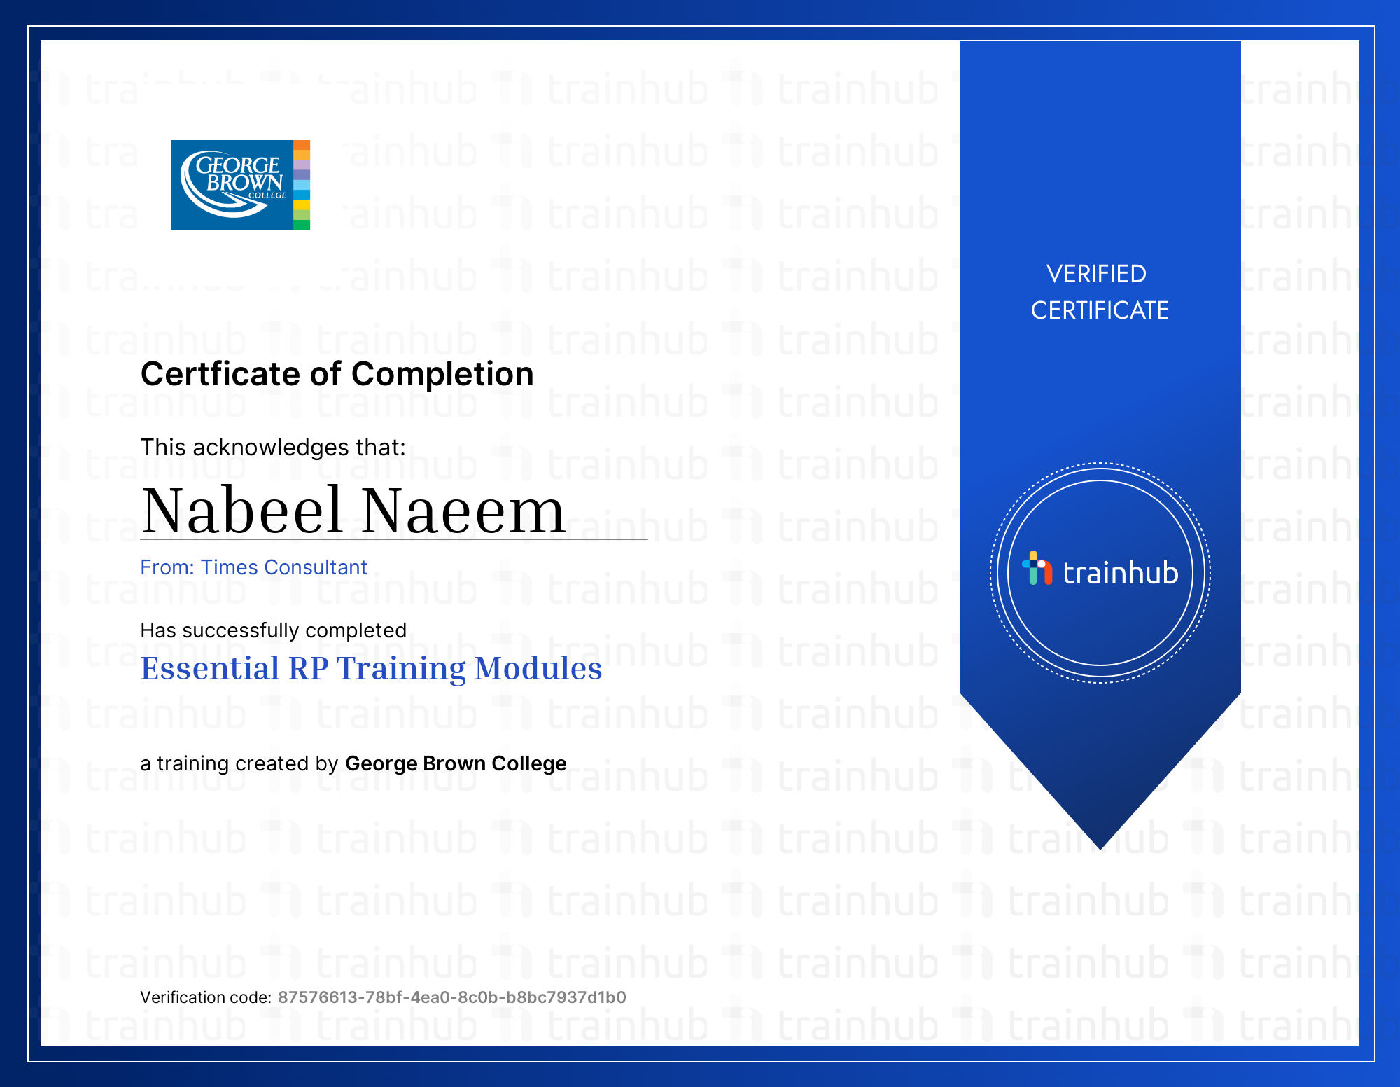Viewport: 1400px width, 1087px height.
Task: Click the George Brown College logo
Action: pyautogui.click(x=240, y=185)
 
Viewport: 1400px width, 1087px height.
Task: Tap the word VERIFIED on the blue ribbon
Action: pyautogui.click(x=1096, y=274)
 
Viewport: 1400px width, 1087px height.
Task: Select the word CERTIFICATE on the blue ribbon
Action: pyautogui.click(x=1100, y=310)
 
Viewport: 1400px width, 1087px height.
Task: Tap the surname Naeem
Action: pyautogui.click(x=463, y=511)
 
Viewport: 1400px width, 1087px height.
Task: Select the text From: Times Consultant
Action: pyautogui.click(x=253, y=567)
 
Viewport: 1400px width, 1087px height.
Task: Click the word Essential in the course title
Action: pyautogui.click(x=210, y=668)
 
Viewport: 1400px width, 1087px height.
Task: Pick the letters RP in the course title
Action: pyautogui.click(x=309, y=668)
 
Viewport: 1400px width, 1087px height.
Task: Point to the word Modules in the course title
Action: pyautogui.click(x=538, y=668)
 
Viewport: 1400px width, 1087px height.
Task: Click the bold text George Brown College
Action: pyautogui.click(x=456, y=763)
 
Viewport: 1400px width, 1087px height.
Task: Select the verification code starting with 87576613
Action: pyautogui.click(x=452, y=997)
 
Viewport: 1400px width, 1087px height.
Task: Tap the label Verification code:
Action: pyautogui.click(x=206, y=997)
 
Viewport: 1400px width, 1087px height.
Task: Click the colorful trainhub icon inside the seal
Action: pyautogui.click(x=1037, y=568)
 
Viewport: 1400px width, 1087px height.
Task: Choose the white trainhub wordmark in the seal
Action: pyautogui.click(x=1121, y=573)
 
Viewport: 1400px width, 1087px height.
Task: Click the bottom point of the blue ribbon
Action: pyautogui.click(x=1100, y=849)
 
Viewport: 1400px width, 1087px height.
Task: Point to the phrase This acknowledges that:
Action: pyautogui.click(x=273, y=448)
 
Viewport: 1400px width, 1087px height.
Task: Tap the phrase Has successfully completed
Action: pyautogui.click(x=273, y=630)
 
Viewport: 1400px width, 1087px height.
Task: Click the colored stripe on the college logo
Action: pyautogui.click(x=302, y=185)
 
